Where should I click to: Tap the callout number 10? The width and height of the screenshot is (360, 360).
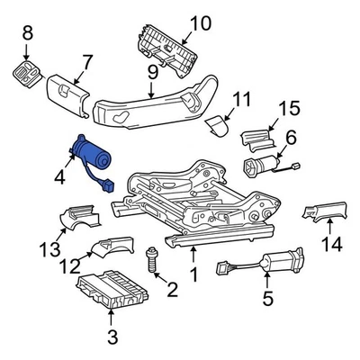(199, 22)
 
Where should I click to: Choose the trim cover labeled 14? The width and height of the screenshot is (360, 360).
(328, 215)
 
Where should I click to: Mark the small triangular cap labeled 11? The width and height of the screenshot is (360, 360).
(214, 125)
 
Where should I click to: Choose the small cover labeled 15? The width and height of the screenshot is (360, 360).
(259, 138)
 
